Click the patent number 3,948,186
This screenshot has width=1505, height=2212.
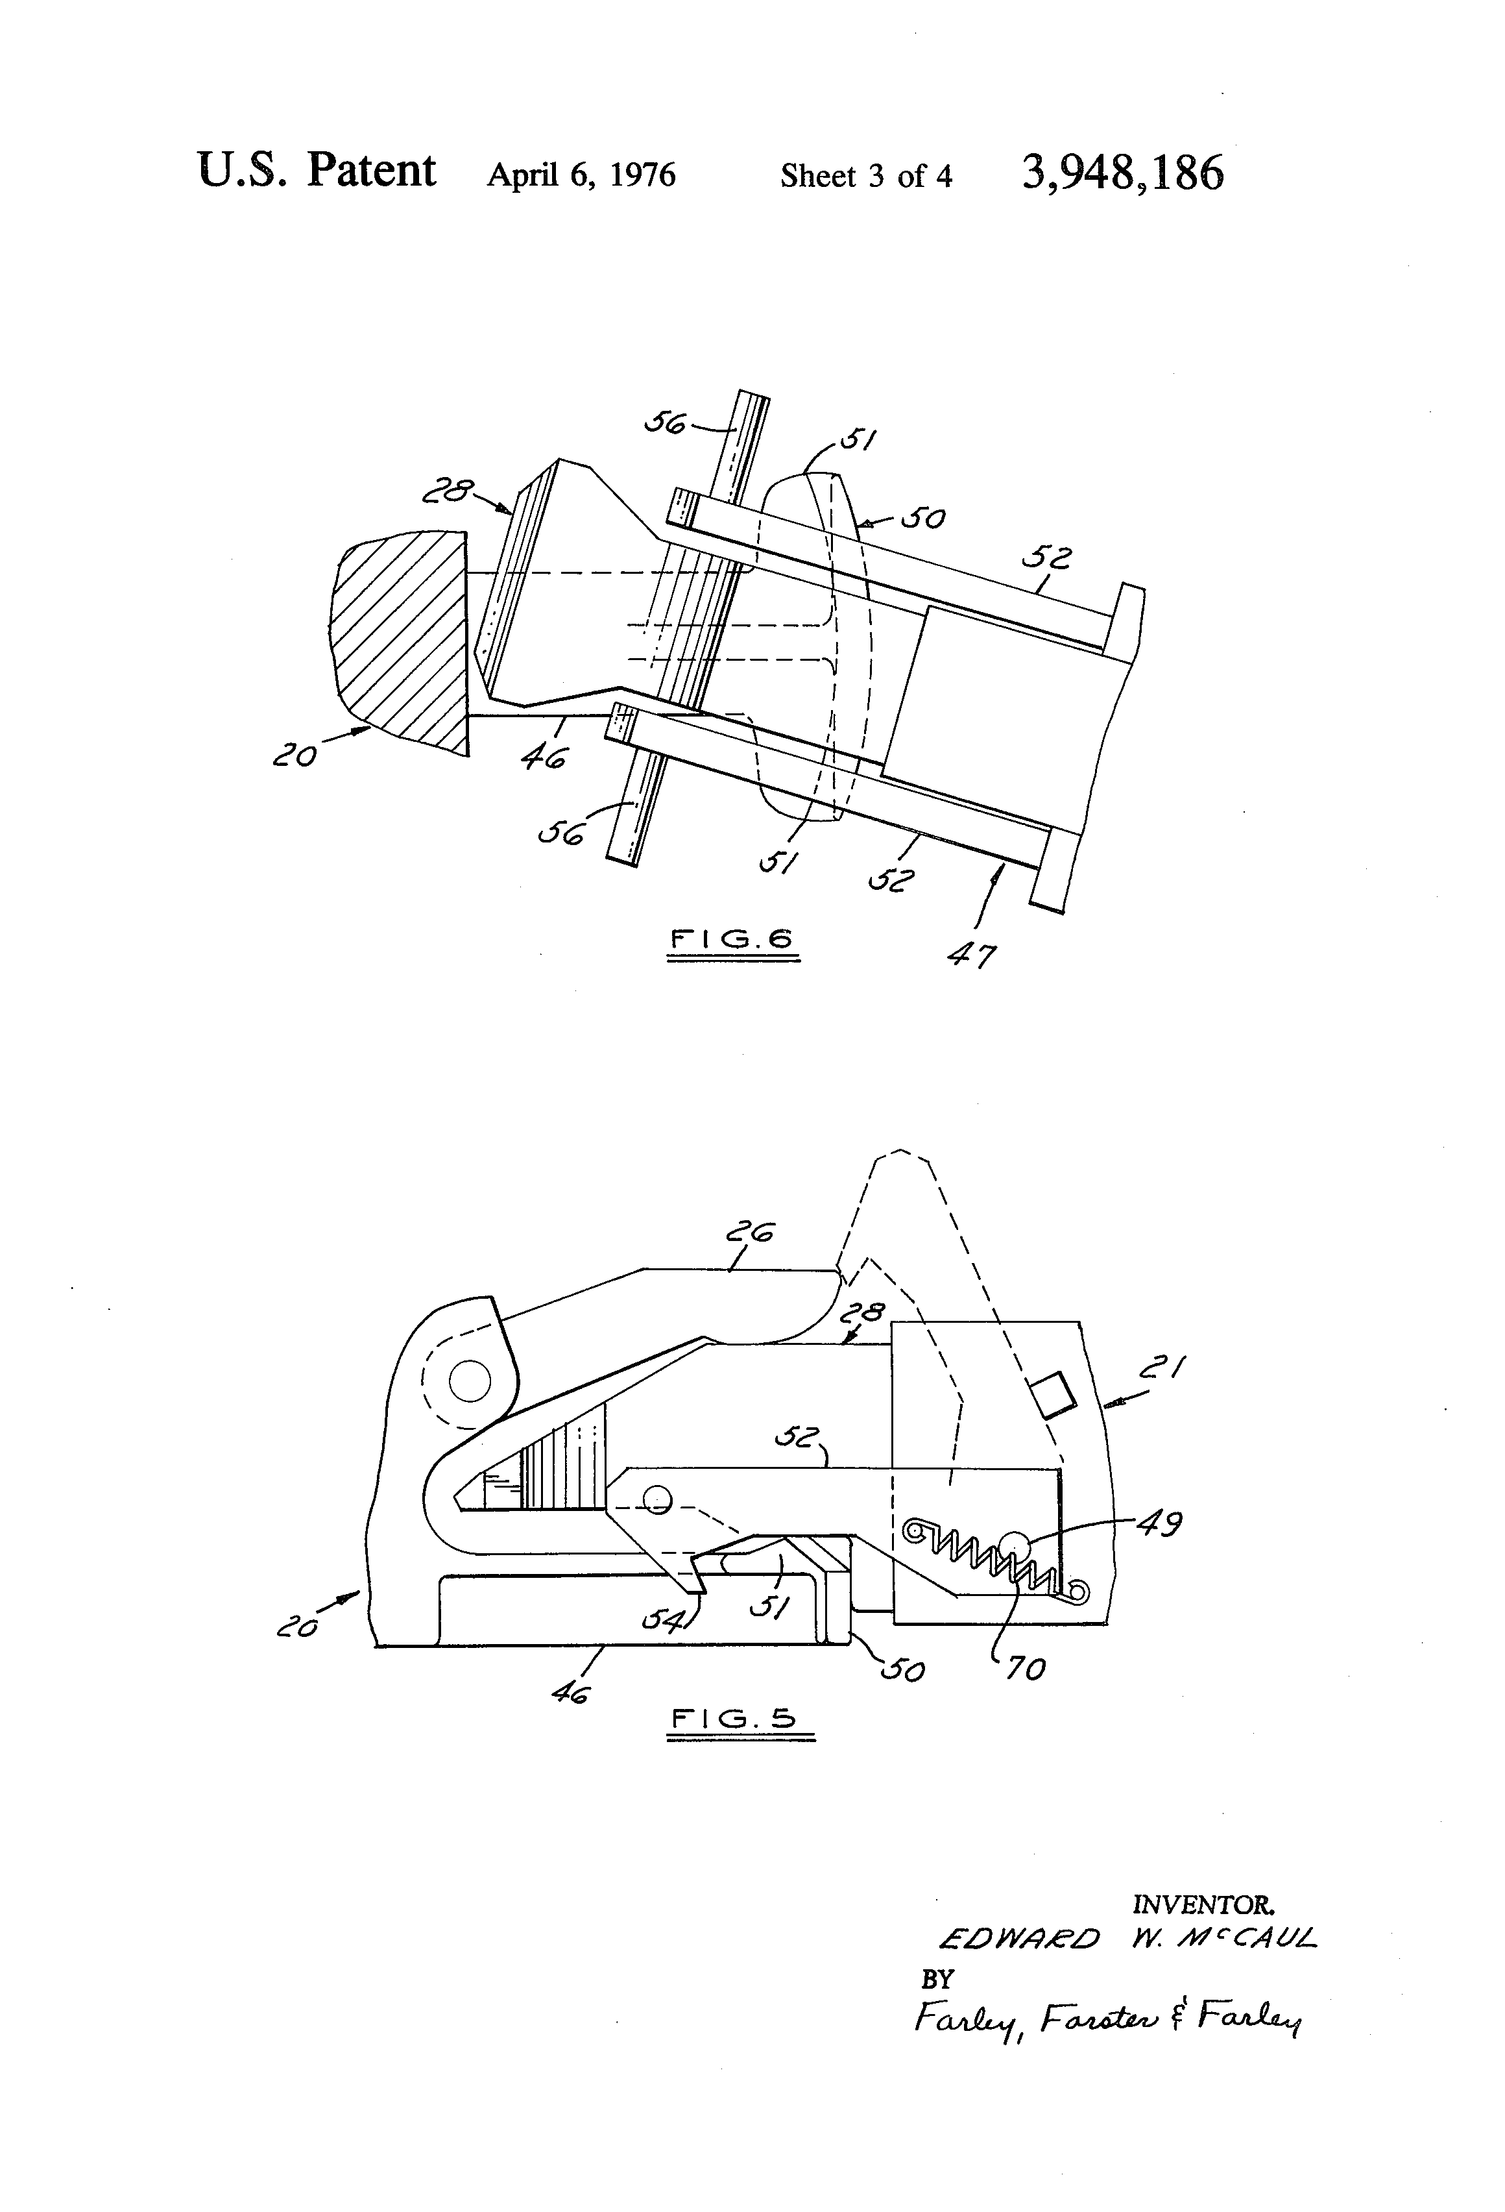1122,174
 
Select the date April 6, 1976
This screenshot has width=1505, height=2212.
581,175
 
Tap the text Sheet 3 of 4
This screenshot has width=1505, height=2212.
866,176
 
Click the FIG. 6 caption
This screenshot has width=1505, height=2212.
732,939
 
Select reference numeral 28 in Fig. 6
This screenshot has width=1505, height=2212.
447,491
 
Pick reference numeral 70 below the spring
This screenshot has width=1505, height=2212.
1026,1669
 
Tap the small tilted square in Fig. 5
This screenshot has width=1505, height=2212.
1054,1394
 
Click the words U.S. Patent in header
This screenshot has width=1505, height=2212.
317,171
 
